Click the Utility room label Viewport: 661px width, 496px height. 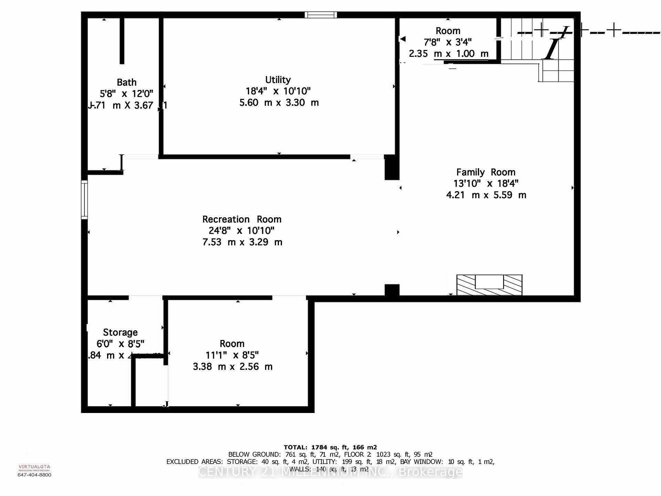(x=278, y=80)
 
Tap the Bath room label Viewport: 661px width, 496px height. (x=127, y=83)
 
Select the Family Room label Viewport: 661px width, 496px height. (x=486, y=172)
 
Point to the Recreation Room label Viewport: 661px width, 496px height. (x=242, y=219)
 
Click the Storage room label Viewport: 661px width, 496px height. (x=120, y=332)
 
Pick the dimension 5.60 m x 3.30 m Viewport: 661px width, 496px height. (x=279, y=103)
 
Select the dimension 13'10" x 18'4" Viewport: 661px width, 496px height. (x=486, y=184)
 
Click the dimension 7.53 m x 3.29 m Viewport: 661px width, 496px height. (x=242, y=242)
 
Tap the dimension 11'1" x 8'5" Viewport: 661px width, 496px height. (x=232, y=355)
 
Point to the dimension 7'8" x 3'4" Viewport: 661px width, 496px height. (x=448, y=42)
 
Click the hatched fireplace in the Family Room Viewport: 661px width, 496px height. (x=489, y=285)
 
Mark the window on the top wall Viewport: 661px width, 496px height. (x=321, y=15)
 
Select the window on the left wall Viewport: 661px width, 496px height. (x=84, y=200)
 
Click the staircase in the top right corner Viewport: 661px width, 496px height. (x=537, y=48)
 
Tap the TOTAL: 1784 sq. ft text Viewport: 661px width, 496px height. (x=330, y=447)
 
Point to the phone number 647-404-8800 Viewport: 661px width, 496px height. (x=34, y=475)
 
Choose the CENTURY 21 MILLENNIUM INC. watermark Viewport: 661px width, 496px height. (x=330, y=472)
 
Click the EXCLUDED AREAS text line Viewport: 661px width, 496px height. (x=330, y=462)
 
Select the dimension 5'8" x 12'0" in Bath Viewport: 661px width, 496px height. (x=126, y=94)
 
